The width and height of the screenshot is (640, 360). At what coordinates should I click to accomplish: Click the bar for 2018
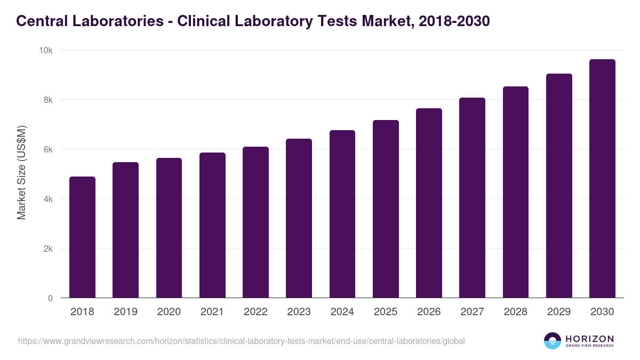click(x=82, y=237)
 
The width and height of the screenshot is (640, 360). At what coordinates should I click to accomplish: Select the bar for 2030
click(x=602, y=179)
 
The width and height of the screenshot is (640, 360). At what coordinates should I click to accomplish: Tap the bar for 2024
click(x=342, y=214)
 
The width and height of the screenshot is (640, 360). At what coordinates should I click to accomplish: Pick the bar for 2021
click(x=212, y=225)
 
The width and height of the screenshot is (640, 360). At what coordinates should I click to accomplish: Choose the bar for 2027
click(x=472, y=198)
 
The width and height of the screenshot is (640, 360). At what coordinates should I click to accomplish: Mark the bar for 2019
click(x=125, y=230)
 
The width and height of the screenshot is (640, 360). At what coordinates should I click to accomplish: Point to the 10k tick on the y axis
click(x=45, y=50)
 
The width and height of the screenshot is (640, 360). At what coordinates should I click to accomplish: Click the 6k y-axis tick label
click(x=47, y=149)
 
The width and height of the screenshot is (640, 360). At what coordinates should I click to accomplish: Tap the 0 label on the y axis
click(x=50, y=298)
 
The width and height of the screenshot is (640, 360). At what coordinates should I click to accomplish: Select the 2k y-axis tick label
click(x=47, y=249)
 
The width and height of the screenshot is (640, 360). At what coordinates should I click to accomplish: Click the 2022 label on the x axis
click(x=255, y=312)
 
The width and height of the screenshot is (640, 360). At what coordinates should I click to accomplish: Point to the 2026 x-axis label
click(x=429, y=312)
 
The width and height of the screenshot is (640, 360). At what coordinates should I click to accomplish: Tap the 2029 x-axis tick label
click(x=559, y=312)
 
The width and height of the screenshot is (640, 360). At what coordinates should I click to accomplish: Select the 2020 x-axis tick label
click(x=169, y=312)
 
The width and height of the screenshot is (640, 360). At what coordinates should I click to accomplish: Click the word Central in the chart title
click(x=42, y=21)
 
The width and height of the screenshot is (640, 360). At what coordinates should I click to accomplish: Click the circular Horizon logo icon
click(x=552, y=341)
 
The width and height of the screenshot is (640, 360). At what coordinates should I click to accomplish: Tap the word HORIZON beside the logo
click(x=589, y=339)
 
